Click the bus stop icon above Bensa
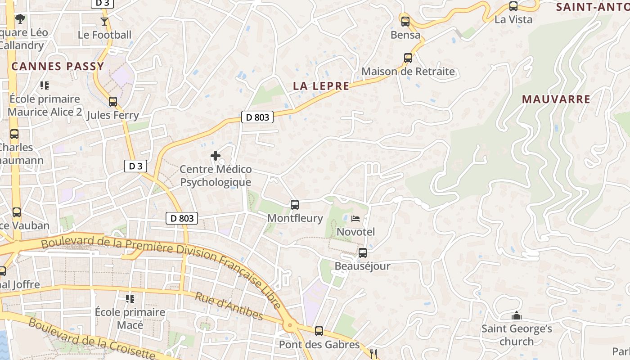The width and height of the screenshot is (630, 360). (x=405, y=21)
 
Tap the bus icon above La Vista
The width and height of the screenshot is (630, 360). (x=513, y=6)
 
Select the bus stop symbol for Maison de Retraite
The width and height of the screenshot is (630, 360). (x=408, y=58)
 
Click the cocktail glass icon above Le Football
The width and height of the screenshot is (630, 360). (x=104, y=21)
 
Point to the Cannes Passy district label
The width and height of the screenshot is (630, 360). (x=58, y=67)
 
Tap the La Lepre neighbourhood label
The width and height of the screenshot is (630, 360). (x=321, y=86)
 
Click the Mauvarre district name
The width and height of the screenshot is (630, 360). (x=556, y=99)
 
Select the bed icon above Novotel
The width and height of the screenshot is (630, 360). (x=355, y=219)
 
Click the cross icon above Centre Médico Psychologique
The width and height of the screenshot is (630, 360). (x=216, y=156)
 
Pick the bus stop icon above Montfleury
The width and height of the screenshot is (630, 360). (x=295, y=205)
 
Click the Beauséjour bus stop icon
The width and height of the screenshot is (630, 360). (x=363, y=253)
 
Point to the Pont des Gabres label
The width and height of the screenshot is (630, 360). (x=319, y=345)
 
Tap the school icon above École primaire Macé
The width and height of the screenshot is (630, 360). (x=130, y=299)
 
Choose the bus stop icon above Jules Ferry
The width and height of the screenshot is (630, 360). (x=113, y=102)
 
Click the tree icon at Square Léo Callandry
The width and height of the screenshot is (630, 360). (x=20, y=19)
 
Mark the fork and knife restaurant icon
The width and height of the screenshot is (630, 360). (x=373, y=354)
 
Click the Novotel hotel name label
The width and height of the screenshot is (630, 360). (x=355, y=232)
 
